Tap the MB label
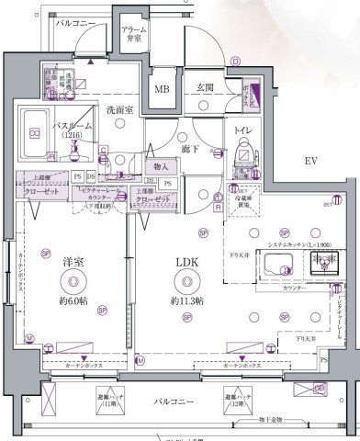[x=162, y=89]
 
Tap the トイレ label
[x=244, y=130]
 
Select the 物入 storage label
[x=160, y=166]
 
